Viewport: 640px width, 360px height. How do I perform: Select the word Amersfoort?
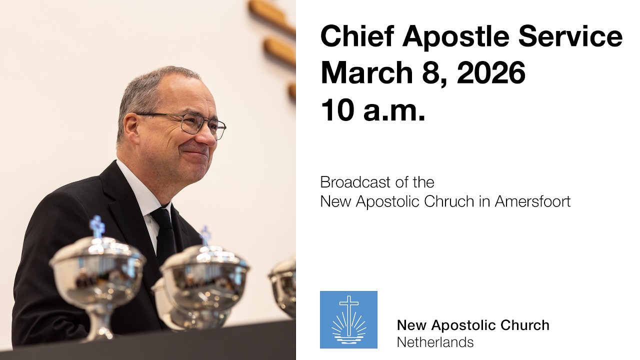[x=532, y=201]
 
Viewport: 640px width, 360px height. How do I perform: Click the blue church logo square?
[x=348, y=319]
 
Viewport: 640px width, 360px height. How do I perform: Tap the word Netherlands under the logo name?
[x=435, y=342]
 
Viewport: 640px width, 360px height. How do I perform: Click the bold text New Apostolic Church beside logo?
[x=473, y=325]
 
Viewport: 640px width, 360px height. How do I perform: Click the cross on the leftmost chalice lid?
[x=97, y=226]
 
